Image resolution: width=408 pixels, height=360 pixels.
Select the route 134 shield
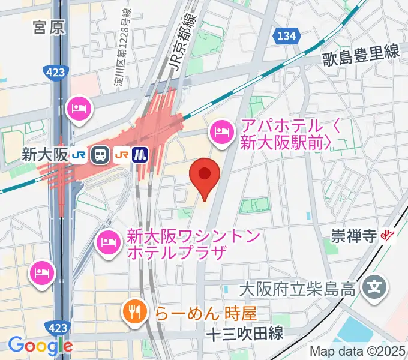(286, 37)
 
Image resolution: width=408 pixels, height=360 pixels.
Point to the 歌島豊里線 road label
(361, 53)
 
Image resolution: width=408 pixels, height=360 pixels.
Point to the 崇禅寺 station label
(353, 237)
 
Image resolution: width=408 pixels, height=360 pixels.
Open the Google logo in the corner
(40, 346)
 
